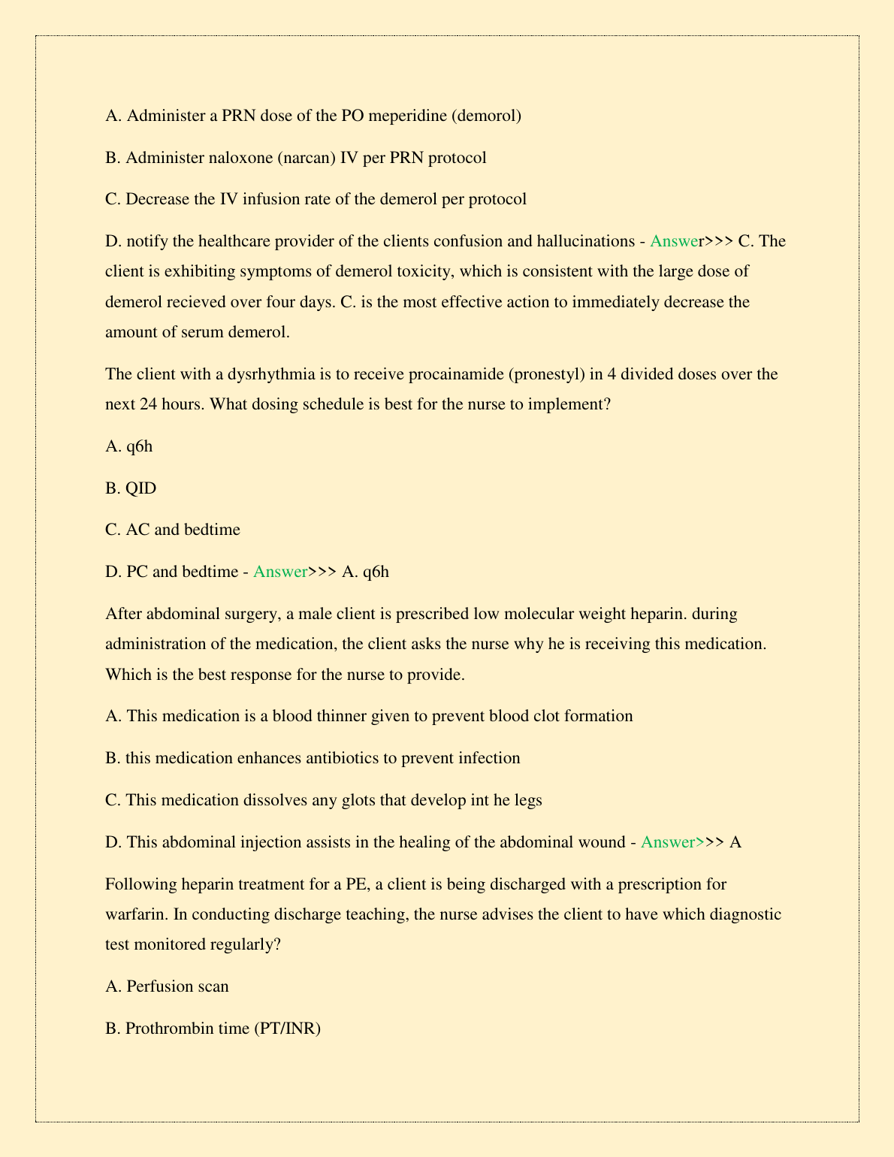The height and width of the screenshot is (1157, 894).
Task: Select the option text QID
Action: coord(141,488)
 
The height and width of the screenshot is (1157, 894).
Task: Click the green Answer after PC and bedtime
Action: coord(280,572)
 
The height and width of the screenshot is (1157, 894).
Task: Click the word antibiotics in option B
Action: coord(343,758)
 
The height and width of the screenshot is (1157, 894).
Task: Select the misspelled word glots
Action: coord(359,800)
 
